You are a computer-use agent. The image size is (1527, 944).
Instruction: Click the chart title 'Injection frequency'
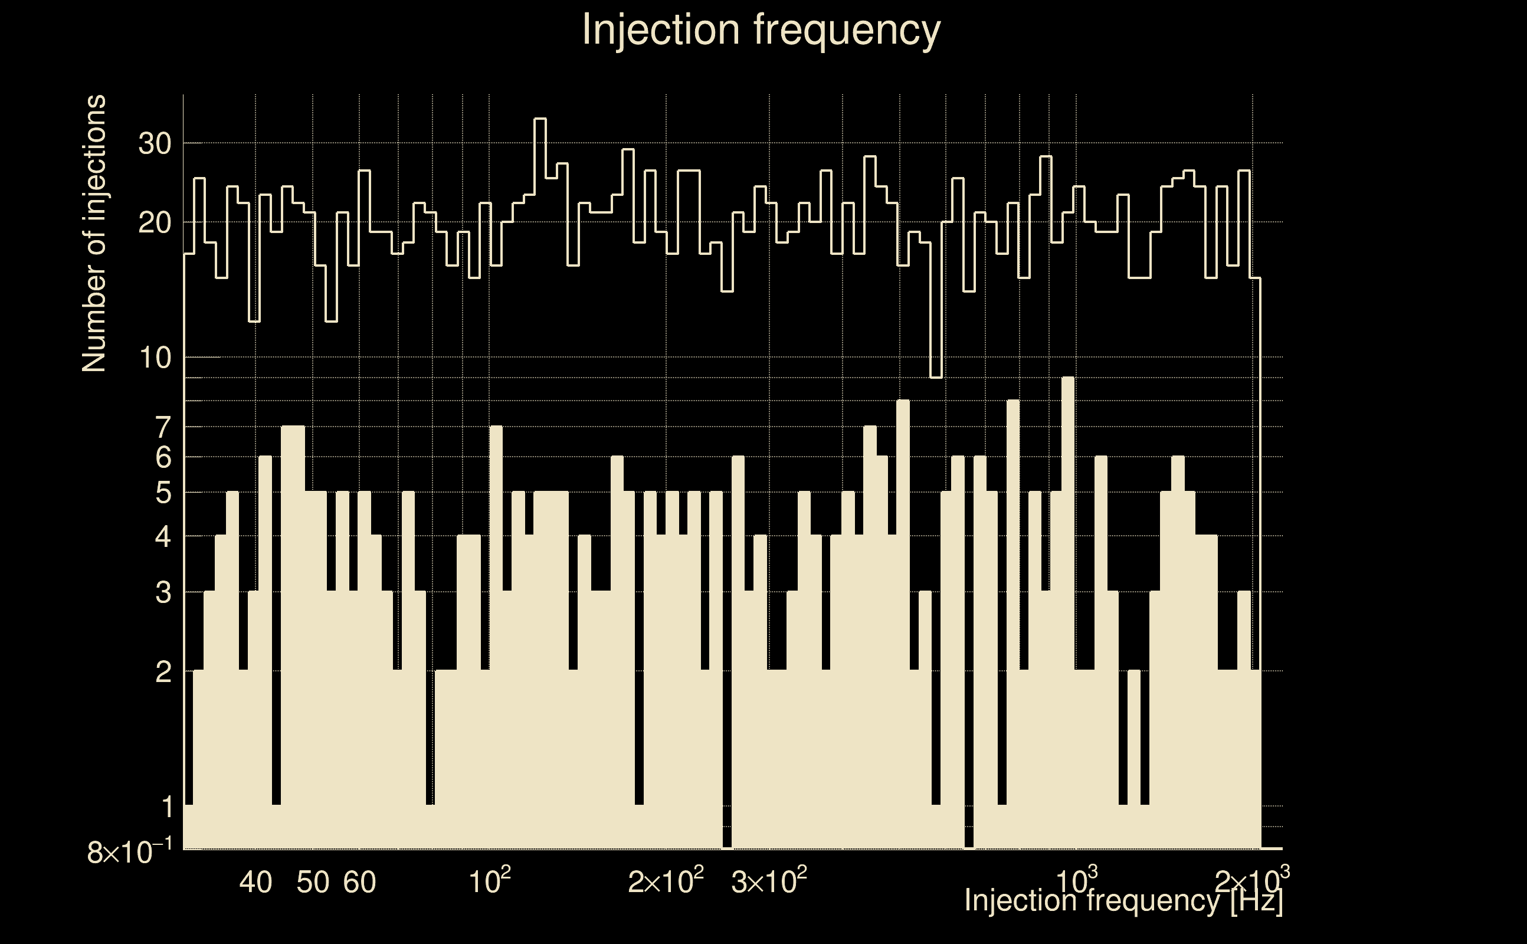pyautogui.click(x=761, y=29)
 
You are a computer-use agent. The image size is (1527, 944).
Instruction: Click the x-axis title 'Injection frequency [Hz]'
pyautogui.click(x=1123, y=900)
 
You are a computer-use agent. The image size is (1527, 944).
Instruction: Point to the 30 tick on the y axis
pyautogui.click(x=155, y=143)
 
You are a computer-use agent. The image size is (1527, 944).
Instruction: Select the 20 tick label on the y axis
pyautogui.click(x=155, y=222)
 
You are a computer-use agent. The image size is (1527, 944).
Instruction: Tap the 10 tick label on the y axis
pyautogui.click(x=155, y=358)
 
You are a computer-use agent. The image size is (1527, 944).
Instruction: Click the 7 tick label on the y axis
pyautogui.click(x=163, y=428)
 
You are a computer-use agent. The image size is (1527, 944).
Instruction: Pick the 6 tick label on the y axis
pyautogui.click(x=163, y=458)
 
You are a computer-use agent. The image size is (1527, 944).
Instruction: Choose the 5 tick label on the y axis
pyautogui.click(x=163, y=493)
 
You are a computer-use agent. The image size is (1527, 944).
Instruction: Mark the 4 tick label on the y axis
pyautogui.click(x=163, y=536)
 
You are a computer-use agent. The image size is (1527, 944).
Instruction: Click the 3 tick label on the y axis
pyautogui.click(x=163, y=592)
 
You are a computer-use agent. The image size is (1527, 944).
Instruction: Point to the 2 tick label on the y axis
pyautogui.click(x=163, y=672)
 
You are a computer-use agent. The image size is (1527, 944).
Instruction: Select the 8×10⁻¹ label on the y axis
pyautogui.click(x=130, y=851)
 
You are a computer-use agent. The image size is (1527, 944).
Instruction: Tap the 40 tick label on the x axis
pyautogui.click(x=256, y=882)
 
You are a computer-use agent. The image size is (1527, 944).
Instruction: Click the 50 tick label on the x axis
pyautogui.click(x=313, y=882)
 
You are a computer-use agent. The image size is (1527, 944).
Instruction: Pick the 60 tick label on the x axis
pyautogui.click(x=359, y=882)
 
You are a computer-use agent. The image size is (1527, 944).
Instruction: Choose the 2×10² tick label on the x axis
pyautogui.click(x=666, y=881)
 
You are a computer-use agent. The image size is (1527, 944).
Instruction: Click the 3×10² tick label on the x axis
pyautogui.click(x=768, y=881)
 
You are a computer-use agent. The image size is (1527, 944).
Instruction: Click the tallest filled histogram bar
pyautogui.click(x=1068, y=612)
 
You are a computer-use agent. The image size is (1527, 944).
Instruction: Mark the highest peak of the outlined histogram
pyautogui.click(x=540, y=119)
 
